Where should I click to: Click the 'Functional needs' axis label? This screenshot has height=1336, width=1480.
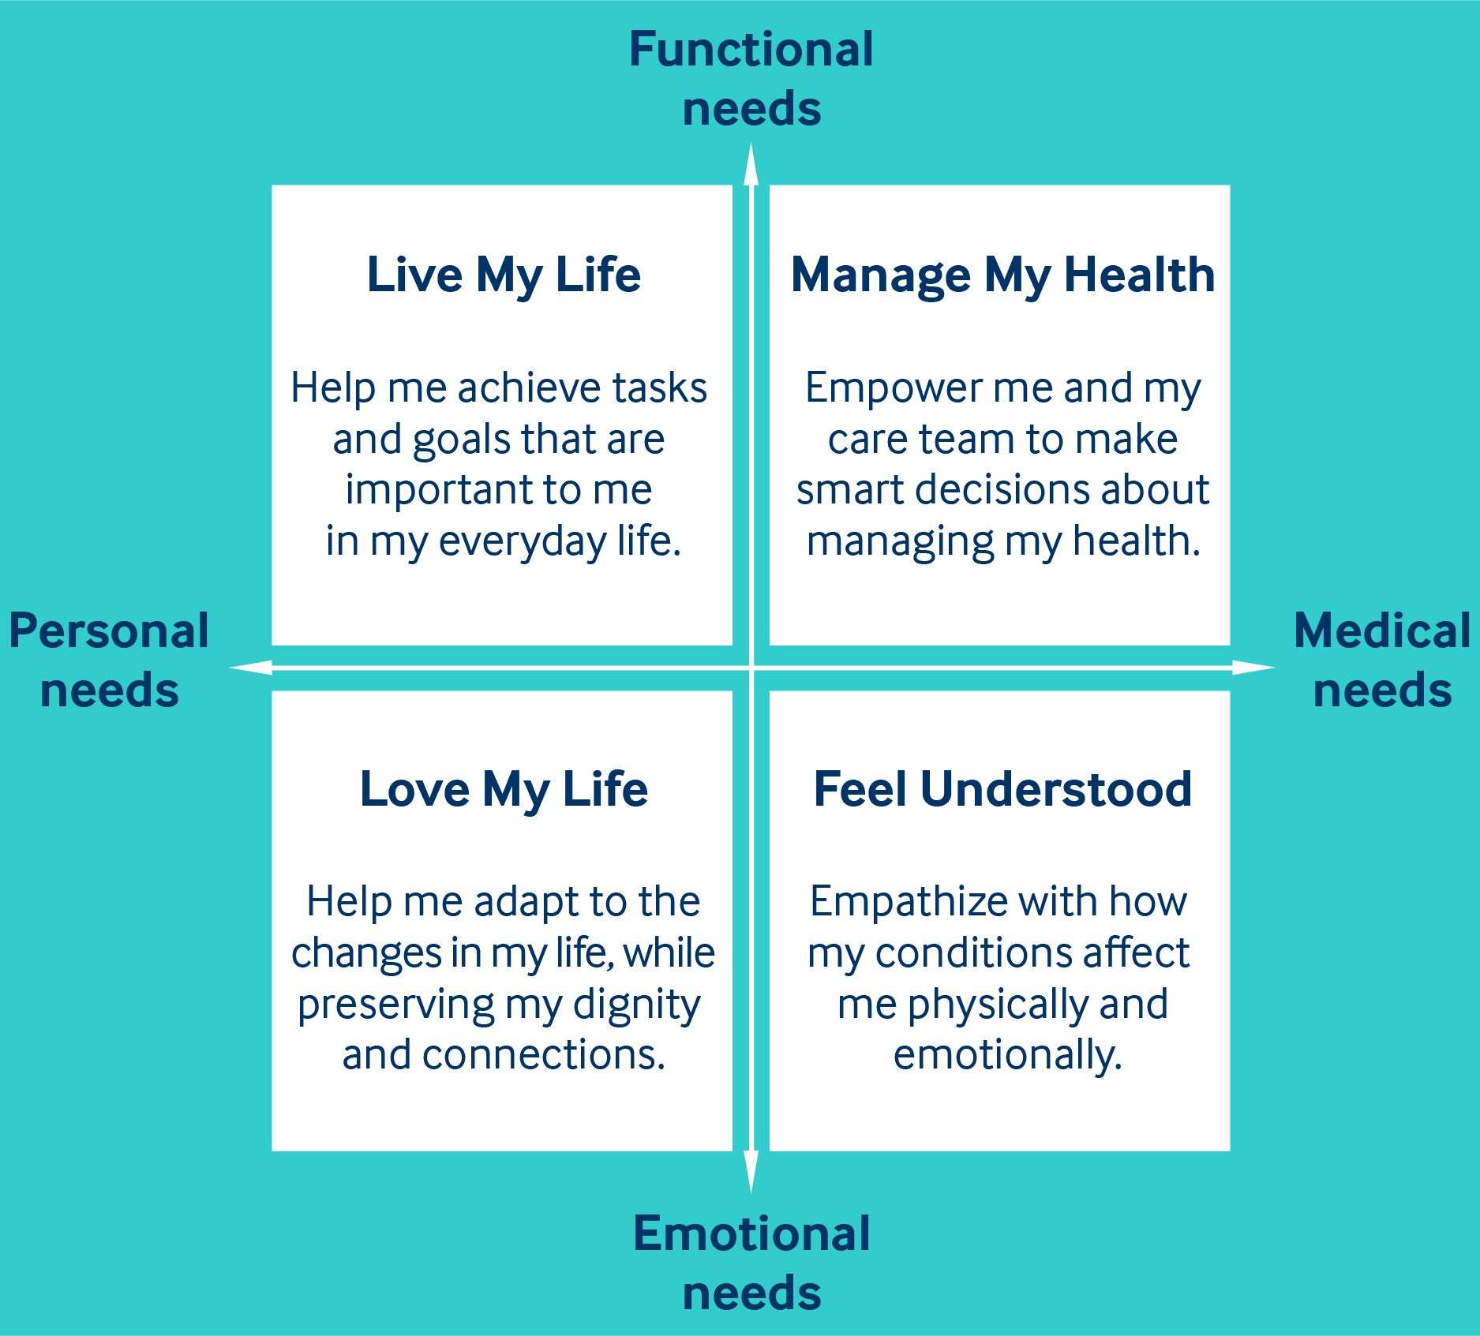click(x=751, y=78)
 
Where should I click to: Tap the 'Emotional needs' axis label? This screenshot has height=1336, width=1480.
click(x=751, y=1263)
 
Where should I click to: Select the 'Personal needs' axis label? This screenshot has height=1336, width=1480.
click(x=109, y=661)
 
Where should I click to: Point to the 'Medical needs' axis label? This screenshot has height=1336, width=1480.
click(x=1382, y=661)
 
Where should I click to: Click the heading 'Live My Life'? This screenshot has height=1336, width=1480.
click(x=504, y=275)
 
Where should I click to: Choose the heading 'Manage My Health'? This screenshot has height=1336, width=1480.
click(x=1002, y=275)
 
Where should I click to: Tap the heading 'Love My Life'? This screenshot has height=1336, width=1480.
click(x=504, y=789)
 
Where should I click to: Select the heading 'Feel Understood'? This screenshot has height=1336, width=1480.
click(x=1002, y=789)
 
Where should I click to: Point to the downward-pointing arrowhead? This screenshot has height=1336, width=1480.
click(x=751, y=1172)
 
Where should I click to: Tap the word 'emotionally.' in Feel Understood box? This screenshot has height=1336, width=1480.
click(x=1007, y=1056)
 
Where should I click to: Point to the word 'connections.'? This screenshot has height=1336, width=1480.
click(x=544, y=1055)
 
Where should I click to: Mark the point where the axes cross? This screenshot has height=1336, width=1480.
click(x=751, y=668)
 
